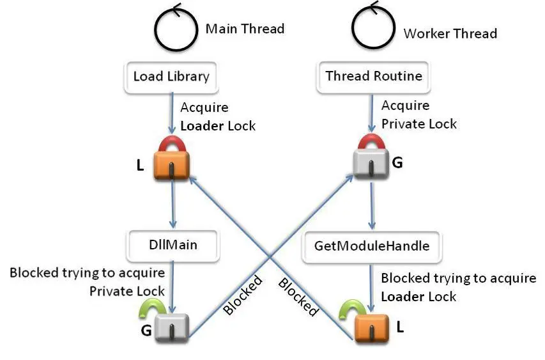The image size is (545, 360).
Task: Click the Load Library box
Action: pyautogui.click(x=171, y=77)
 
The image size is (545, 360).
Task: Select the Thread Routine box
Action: pyautogui.click(x=374, y=77)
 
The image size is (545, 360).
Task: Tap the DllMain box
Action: pyautogui.click(x=173, y=246)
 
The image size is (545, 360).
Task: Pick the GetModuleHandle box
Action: pyautogui.click(x=372, y=247)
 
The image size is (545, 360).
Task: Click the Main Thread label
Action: pyautogui.click(x=245, y=29)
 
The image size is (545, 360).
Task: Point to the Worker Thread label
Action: pyautogui.click(x=450, y=33)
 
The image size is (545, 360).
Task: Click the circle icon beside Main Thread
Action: pyautogui.click(x=176, y=28)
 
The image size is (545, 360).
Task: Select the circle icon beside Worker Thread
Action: pyautogui.click(x=374, y=26)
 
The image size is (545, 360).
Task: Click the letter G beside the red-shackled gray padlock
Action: pyautogui.click(x=397, y=162)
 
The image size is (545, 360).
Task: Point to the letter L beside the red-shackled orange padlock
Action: pyautogui.click(x=140, y=166)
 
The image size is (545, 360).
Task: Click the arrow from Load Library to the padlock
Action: pyautogui.click(x=172, y=113)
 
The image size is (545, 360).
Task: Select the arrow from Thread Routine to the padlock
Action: pyautogui.click(x=372, y=113)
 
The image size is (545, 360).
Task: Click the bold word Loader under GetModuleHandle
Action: pyautogui.click(x=401, y=297)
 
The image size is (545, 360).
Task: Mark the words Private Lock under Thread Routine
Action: pyautogui.click(x=419, y=124)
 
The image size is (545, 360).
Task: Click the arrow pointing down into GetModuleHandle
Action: pyautogui.click(x=372, y=206)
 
